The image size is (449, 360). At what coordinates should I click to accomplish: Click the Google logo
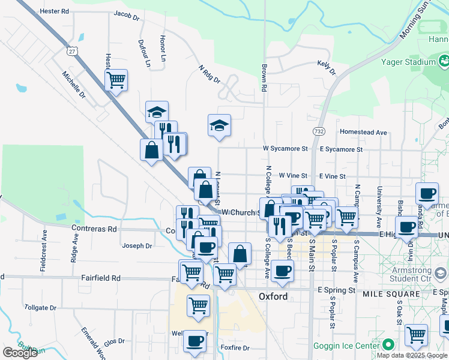20,353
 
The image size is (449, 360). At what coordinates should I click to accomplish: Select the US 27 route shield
73,52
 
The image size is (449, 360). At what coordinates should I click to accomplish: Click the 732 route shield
319,130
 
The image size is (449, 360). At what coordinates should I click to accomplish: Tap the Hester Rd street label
55,11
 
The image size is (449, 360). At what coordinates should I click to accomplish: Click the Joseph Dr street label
137,245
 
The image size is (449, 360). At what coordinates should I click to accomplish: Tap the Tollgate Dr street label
40,307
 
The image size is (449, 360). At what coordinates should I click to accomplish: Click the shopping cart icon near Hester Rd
116,79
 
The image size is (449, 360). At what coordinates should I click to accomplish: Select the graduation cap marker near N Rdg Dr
219,125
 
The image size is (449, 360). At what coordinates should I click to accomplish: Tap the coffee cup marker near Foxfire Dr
194,341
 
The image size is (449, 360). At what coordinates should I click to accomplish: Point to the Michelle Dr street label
75,86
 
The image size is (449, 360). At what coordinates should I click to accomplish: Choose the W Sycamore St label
285,148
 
